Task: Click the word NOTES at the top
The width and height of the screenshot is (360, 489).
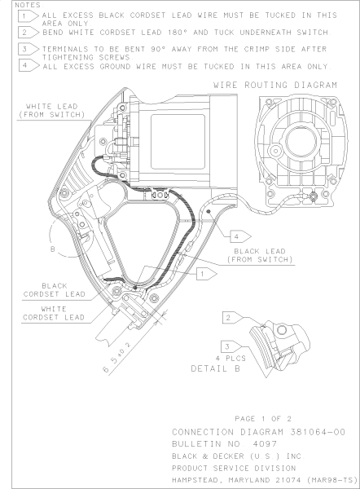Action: tap(16, 5)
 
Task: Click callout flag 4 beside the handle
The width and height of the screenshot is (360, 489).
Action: tap(236, 236)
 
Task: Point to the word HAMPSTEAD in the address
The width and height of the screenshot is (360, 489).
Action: tap(200, 475)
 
